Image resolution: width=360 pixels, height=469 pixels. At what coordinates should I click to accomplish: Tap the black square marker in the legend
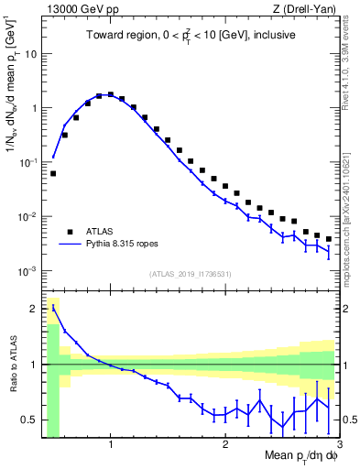pos(70,232)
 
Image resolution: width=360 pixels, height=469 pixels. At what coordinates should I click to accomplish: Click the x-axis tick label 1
pos(111,443)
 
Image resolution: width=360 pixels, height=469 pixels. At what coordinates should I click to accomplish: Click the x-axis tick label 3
pos(339,443)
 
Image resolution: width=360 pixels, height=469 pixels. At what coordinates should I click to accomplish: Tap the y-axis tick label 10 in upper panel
pos(30,53)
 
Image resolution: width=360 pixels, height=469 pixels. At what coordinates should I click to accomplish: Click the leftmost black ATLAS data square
pos(53,173)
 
